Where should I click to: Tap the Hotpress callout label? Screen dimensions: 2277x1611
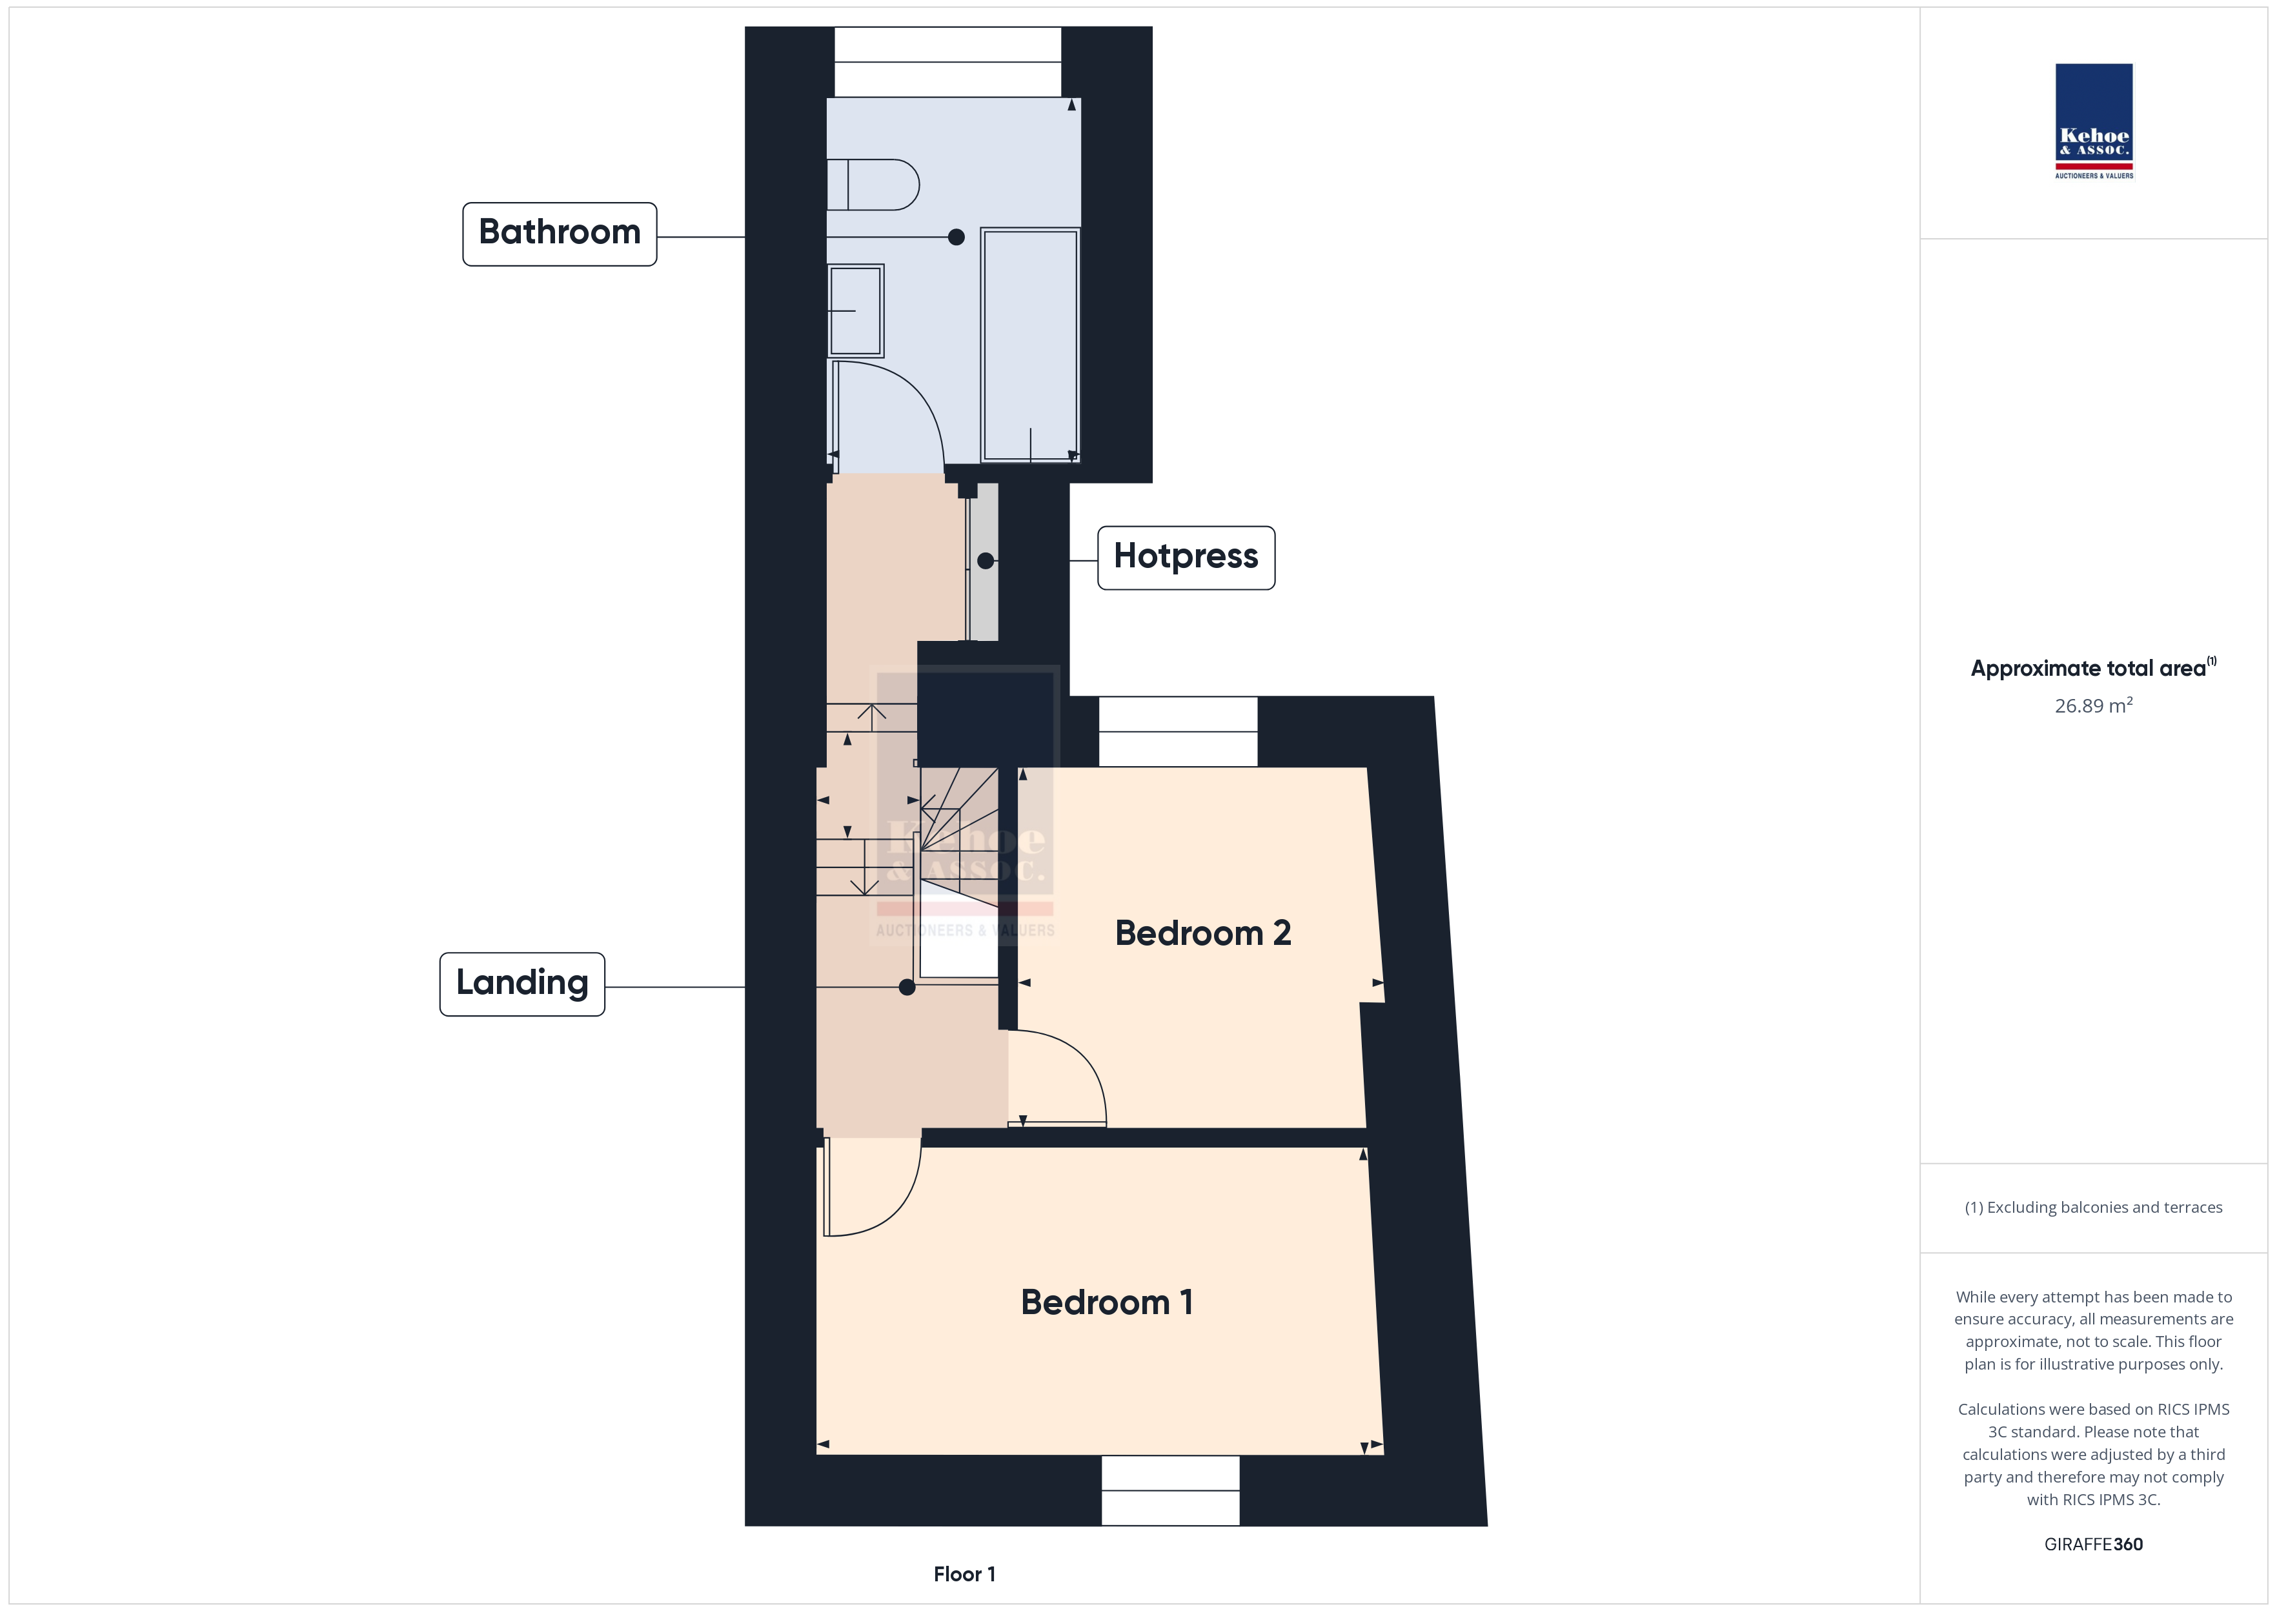coord(1186,558)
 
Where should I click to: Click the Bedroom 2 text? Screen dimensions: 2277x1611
coord(1203,933)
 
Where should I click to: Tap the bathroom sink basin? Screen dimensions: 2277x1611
coord(855,310)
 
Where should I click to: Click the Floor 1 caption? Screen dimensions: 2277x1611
coord(964,1574)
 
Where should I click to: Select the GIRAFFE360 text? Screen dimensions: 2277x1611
coord(2094,1543)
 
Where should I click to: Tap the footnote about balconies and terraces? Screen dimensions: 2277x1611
coord(2094,1207)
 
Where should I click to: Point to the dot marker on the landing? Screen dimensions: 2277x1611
coord(906,987)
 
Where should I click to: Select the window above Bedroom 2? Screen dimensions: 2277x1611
coord(1178,731)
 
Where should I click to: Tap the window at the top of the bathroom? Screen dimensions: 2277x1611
coord(948,61)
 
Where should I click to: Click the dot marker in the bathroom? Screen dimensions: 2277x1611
coord(956,237)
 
